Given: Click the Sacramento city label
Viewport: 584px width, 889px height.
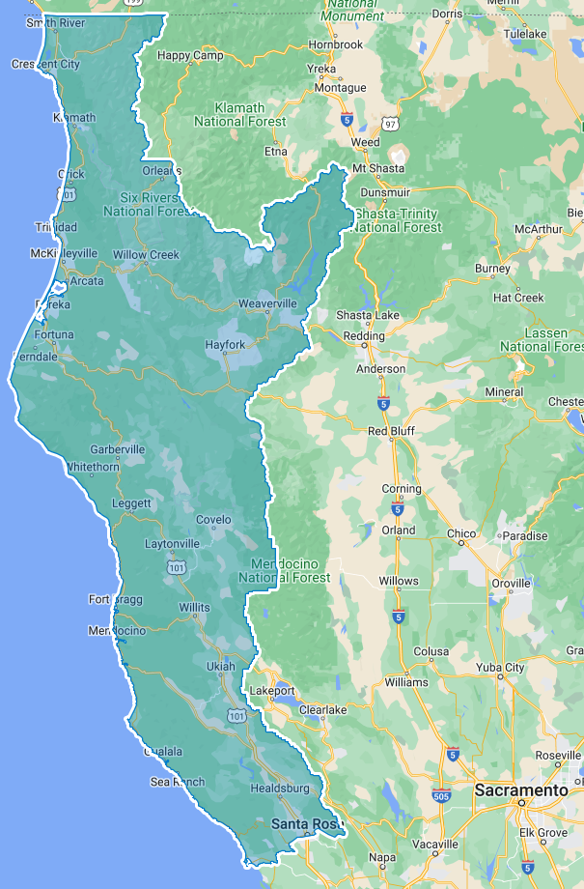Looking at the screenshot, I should pyautogui.click(x=520, y=790).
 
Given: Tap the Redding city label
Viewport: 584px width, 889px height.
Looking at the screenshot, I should pyautogui.click(x=365, y=336).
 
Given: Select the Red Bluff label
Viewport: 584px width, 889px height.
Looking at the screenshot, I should pyautogui.click(x=391, y=431).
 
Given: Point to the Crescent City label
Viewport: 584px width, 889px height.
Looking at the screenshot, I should pyautogui.click(x=45, y=65).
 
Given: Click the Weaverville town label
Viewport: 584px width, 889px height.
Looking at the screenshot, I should pyautogui.click(x=267, y=303).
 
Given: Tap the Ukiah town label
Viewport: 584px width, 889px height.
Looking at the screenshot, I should pyautogui.click(x=220, y=667).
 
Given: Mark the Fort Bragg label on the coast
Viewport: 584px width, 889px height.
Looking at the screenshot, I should pyautogui.click(x=116, y=599).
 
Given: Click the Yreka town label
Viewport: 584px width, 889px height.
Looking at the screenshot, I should pyautogui.click(x=320, y=70).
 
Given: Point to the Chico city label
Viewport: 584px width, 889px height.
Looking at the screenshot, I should pyautogui.click(x=462, y=534).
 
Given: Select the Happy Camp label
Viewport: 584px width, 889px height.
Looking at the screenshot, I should pyautogui.click(x=190, y=56).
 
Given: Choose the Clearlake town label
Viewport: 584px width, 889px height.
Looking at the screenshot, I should pyautogui.click(x=322, y=710).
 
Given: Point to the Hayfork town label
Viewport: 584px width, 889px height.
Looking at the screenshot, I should pyautogui.click(x=225, y=345).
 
